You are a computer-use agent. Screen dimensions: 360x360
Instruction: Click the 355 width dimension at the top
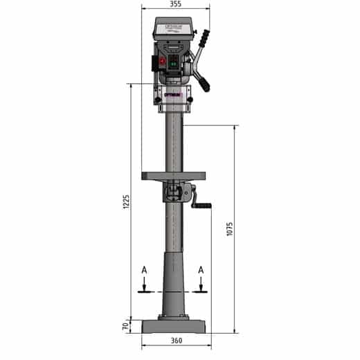click(x=175, y=4)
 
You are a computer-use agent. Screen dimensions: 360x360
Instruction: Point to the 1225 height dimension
click(x=126, y=201)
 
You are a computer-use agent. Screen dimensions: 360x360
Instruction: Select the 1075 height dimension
click(x=228, y=228)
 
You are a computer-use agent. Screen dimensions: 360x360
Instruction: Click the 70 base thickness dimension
click(x=126, y=325)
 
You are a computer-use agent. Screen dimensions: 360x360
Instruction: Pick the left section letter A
click(x=143, y=269)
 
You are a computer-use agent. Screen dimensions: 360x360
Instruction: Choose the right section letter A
click(x=201, y=269)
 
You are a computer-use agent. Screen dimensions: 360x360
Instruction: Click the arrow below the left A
click(x=143, y=284)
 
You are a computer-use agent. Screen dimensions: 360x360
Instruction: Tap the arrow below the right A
click(x=201, y=284)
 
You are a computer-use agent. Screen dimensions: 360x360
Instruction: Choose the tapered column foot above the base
click(x=174, y=284)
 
